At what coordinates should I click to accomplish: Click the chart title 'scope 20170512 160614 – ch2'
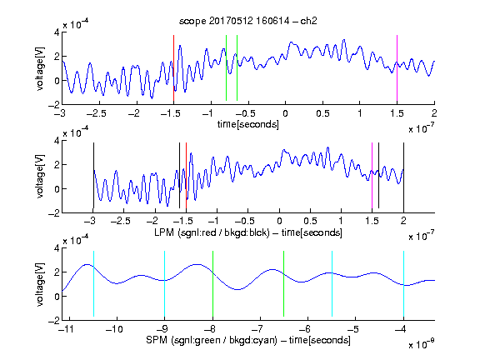coord(248,21)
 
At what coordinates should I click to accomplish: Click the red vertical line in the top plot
coord(173,68)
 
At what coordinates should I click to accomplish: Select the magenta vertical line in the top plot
coord(397,68)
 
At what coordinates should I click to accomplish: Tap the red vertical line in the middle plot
coord(186,175)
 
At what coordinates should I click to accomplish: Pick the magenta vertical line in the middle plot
coord(372,175)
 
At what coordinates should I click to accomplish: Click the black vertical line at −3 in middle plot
coord(93,175)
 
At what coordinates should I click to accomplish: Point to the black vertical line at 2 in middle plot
coord(403,175)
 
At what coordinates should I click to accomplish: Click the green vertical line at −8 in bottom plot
coord(212,283)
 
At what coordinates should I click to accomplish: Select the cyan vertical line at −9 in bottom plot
coord(165,283)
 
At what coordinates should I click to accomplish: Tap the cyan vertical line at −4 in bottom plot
coord(403,283)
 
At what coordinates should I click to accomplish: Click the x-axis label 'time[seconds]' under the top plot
coord(248,124)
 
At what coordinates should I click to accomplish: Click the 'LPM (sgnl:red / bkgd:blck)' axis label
coord(212,232)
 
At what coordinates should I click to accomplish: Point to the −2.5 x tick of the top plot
coord(97,113)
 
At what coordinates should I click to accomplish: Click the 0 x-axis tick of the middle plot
coord(279,221)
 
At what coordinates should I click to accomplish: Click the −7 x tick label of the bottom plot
coord(257,329)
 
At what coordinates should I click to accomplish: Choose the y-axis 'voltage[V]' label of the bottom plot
coord(40,284)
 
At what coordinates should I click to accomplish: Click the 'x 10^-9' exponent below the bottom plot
coord(421,344)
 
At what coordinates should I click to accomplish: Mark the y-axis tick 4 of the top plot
coord(57,32)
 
